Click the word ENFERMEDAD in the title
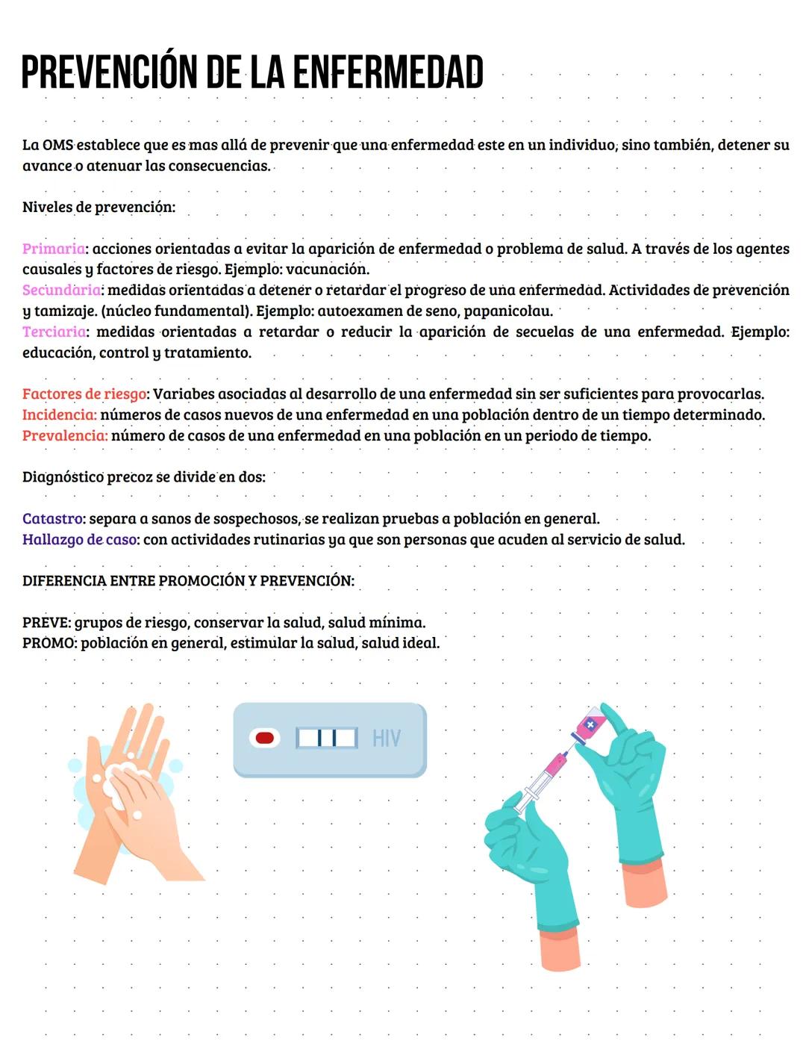pos(387,72)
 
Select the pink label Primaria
pos(53,249)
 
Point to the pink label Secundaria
pos(61,290)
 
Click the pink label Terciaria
pos(54,332)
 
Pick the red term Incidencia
pos(59,414)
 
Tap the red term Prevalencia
pos(64,435)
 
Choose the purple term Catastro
pos(52,518)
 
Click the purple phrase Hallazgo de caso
pos(79,539)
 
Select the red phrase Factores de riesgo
pos(84,394)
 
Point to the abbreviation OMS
pos(57,145)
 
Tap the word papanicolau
pos(507,311)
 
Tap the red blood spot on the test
pos(264,738)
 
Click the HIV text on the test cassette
pos(387,739)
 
